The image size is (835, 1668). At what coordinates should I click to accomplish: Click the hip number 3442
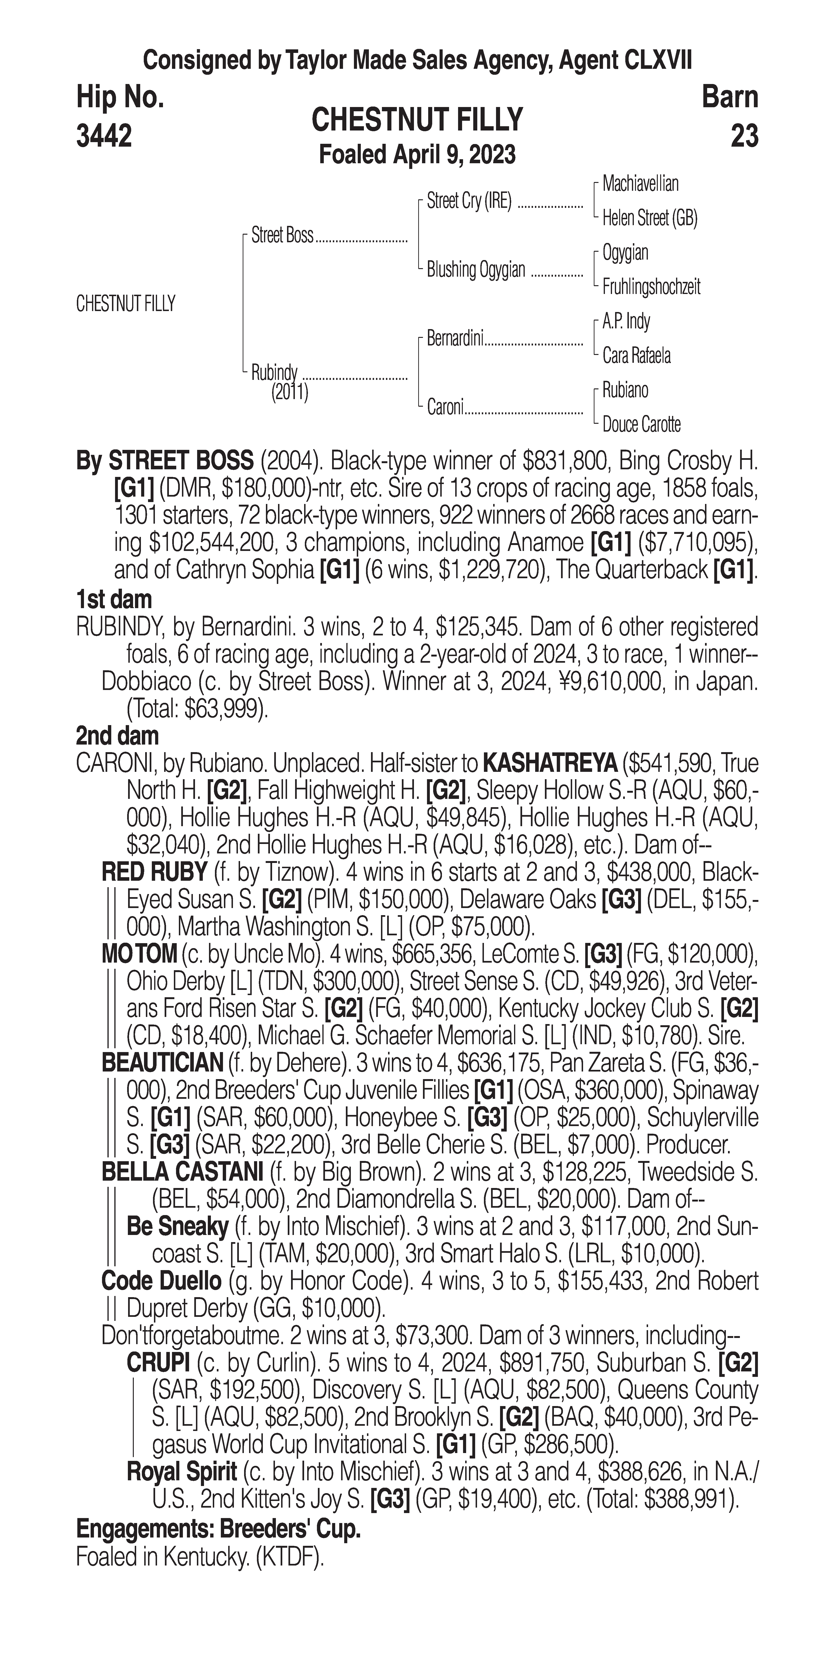(x=104, y=136)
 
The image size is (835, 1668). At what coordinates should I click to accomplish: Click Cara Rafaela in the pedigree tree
(x=636, y=355)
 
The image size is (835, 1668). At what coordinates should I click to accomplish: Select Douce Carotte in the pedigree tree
(x=641, y=425)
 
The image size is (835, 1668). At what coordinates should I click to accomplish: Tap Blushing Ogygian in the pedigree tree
(x=476, y=269)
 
